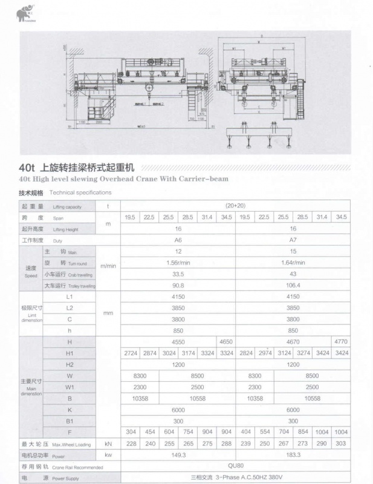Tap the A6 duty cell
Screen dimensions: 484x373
coord(178,240)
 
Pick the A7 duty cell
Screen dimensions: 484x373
coord(293,240)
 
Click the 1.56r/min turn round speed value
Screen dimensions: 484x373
coord(178,263)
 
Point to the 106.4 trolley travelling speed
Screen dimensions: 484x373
coord(293,285)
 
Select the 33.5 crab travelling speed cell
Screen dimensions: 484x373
coord(178,274)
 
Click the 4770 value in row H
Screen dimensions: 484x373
coord(340,342)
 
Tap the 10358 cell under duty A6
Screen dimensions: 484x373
coord(140,398)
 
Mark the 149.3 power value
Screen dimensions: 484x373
coord(178,455)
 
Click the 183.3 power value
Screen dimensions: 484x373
coord(293,455)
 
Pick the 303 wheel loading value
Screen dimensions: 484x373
coord(340,443)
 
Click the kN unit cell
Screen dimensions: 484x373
coord(108,443)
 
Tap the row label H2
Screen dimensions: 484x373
coord(70,364)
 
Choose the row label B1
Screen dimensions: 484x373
coord(70,421)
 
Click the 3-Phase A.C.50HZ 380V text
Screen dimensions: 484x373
coord(237,477)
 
